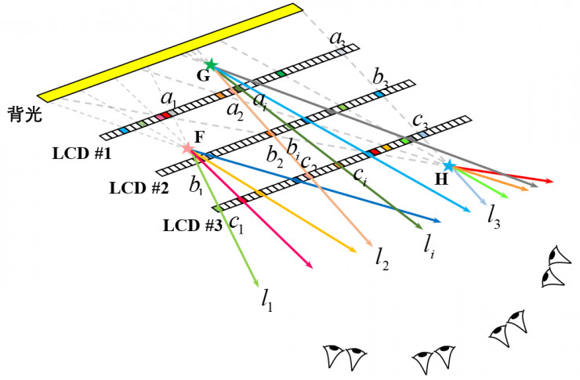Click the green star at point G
click(x=210, y=64)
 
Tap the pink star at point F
click(x=187, y=147)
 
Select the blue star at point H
click(x=448, y=166)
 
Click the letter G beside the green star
click(x=203, y=76)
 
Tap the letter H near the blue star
click(x=442, y=179)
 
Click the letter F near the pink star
click(x=199, y=136)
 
